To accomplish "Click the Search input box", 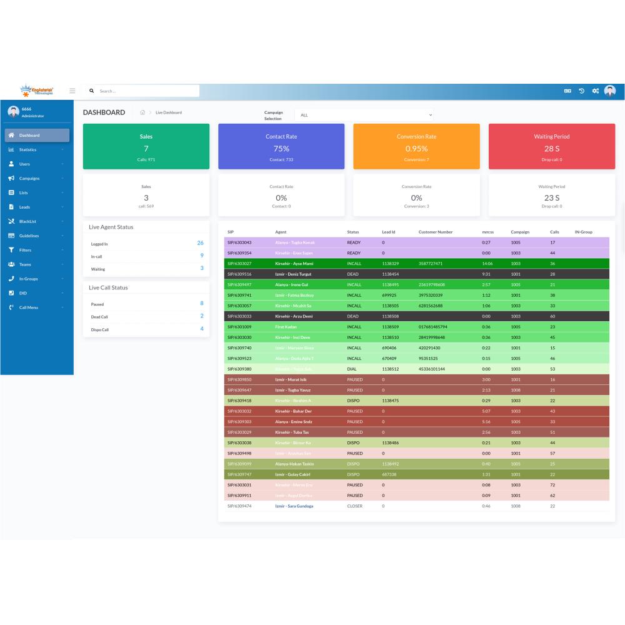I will [147, 91].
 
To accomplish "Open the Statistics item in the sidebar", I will [27, 150].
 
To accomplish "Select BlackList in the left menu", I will [29, 221].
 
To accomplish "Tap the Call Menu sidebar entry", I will [29, 307].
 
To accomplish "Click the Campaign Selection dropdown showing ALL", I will [366, 115].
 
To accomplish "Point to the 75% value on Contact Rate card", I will [281, 149].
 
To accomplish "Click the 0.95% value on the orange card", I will [416, 149].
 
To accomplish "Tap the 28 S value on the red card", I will [551, 149].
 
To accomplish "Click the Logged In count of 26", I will [200, 242].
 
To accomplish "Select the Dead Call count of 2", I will [201, 316].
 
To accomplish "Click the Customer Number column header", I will [436, 232].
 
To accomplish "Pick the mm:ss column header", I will [488, 232].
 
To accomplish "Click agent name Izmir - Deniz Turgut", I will [294, 274].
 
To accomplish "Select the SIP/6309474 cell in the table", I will [239, 506].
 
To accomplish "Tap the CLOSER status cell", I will [354, 506].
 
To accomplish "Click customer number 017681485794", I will [433, 327].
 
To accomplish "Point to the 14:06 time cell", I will [487, 264].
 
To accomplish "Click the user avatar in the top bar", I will [610, 91].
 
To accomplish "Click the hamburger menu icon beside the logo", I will [72, 91].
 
